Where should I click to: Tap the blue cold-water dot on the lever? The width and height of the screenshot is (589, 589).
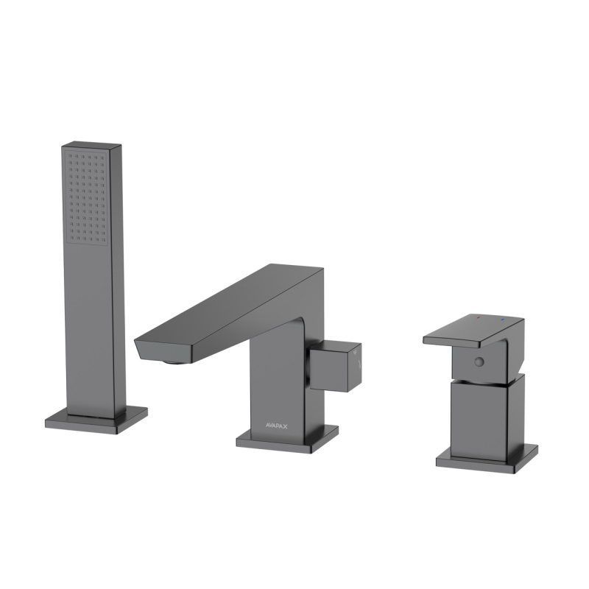coord(504,321)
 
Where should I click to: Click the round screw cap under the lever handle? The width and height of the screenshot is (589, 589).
coord(479,361)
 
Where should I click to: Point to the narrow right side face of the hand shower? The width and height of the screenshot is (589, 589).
coord(117,280)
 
